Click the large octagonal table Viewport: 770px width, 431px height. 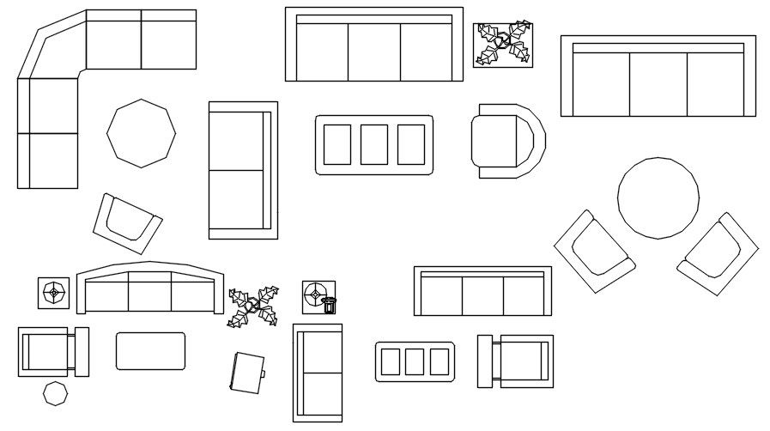point(141,133)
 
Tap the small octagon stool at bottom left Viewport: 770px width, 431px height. point(56,394)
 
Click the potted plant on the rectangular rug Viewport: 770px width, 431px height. point(503,45)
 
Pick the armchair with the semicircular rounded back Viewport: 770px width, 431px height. point(506,141)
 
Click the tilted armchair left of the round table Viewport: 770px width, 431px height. point(593,251)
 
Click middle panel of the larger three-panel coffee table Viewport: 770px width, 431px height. point(373,144)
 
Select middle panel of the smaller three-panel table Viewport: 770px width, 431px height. point(415,361)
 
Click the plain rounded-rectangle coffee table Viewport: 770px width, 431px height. point(150,351)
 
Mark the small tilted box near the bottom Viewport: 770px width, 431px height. point(247,373)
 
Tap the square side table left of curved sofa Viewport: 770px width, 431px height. point(54,293)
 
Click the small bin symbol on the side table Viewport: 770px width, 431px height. point(330,305)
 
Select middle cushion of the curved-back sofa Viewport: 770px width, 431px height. point(149,292)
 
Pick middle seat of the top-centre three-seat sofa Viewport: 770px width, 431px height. point(373,52)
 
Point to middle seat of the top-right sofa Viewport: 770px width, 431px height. point(658,83)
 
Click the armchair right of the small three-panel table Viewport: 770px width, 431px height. point(518,361)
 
